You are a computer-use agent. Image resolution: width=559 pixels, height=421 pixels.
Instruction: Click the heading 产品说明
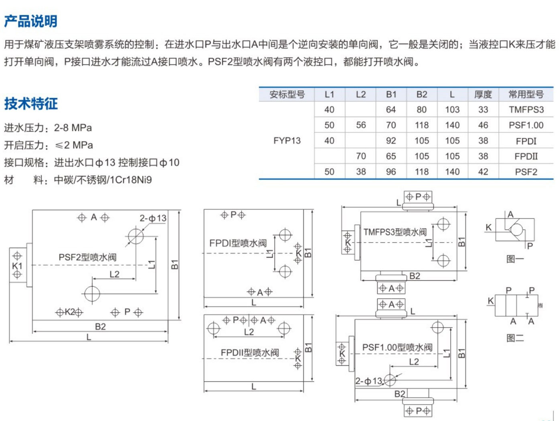[x=31, y=21]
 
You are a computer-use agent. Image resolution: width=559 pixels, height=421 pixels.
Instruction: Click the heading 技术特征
[x=31, y=103]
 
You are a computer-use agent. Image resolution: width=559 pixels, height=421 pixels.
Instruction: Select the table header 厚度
[x=483, y=95]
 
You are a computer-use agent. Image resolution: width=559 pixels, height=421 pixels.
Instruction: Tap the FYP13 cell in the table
[x=287, y=141]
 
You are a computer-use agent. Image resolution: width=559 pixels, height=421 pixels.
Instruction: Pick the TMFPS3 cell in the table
[x=526, y=110]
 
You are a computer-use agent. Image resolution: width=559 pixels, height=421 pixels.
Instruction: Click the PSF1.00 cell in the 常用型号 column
[x=526, y=125]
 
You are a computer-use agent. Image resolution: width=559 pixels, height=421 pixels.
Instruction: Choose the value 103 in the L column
[x=452, y=110]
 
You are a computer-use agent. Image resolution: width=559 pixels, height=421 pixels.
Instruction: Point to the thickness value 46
[x=483, y=125]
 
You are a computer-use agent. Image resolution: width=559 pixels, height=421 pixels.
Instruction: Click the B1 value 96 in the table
[x=391, y=172]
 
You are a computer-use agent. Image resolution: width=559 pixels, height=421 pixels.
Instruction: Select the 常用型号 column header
[x=526, y=95]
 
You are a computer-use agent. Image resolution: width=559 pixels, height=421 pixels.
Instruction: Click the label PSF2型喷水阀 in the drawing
[x=87, y=257]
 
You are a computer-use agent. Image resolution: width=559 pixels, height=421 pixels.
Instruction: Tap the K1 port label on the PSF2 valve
[x=17, y=266]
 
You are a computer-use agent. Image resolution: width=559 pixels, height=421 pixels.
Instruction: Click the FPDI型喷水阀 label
[x=238, y=243]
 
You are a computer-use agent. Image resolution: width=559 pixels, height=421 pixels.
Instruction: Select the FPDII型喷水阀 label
[x=250, y=353]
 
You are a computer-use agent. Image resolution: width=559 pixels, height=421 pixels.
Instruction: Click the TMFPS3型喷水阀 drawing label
[x=395, y=232]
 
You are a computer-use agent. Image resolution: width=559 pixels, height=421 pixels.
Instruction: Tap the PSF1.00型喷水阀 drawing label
[x=397, y=348]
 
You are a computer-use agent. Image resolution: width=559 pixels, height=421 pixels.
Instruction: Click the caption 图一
[x=515, y=259]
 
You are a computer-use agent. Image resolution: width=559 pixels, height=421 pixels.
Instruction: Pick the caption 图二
[x=515, y=338]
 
